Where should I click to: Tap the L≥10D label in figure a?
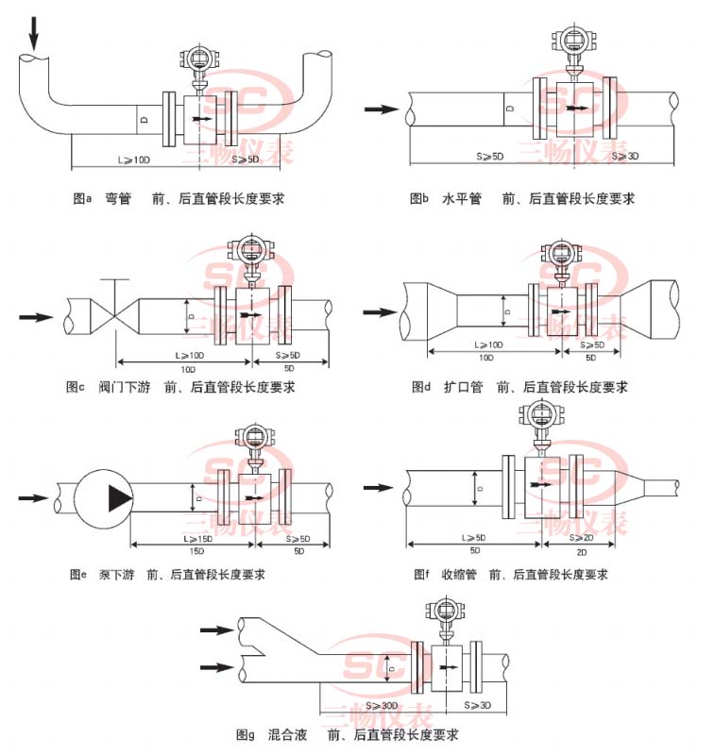pyautogui.click(x=134, y=160)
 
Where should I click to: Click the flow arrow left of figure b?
pyautogui.click(x=382, y=109)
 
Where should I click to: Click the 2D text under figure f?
pyautogui.click(x=586, y=549)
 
